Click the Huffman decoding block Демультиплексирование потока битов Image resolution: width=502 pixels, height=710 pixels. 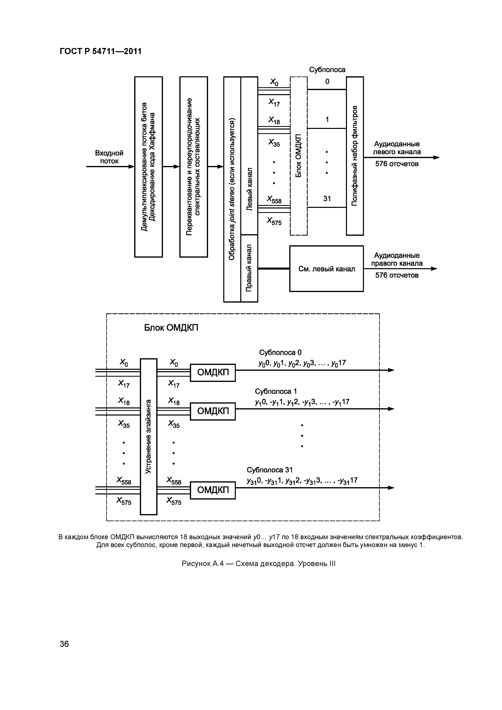[148, 167]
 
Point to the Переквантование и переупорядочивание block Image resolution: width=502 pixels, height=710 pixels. [194, 167]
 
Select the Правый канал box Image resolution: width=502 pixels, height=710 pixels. [249, 268]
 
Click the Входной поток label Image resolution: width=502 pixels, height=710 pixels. [109, 157]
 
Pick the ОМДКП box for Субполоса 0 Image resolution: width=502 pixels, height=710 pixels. [213, 373]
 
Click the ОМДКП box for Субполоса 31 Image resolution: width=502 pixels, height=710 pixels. [213, 490]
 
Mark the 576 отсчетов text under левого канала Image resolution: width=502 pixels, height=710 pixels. [397, 164]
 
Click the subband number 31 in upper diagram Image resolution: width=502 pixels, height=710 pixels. [327, 199]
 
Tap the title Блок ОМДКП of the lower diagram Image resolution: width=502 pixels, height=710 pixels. [171, 328]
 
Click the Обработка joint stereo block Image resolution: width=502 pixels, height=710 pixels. [232, 189]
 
